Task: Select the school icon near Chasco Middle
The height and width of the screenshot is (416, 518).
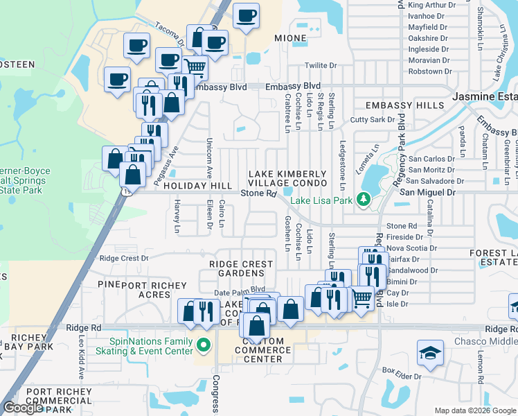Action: [430, 353]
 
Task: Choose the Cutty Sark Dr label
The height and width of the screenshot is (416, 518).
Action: [372, 120]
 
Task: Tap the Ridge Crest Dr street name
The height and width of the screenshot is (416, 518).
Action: [124, 258]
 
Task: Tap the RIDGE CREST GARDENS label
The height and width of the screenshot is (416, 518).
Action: [242, 269]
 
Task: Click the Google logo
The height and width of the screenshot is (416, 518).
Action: [23, 407]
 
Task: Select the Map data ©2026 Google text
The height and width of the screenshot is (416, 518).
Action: [475, 410]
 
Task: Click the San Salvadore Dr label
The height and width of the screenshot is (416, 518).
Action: [432, 181]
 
